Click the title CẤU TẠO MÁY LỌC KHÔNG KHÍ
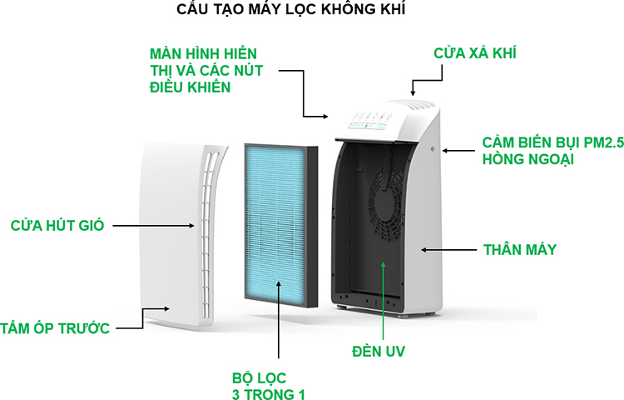pyautogui.click(x=291, y=9)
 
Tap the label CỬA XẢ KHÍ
pyautogui.click(x=475, y=53)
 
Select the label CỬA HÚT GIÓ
pyautogui.click(x=57, y=226)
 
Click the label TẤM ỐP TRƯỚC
pyautogui.click(x=55, y=328)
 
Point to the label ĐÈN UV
pyautogui.click(x=379, y=352)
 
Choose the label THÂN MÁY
pyautogui.click(x=520, y=250)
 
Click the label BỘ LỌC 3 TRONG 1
pyautogui.click(x=269, y=386)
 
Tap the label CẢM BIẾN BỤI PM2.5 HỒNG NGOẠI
pyautogui.click(x=553, y=151)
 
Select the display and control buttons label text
pyautogui.click(x=206, y=70)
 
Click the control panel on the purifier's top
pyautogui.click(x=369, y=121)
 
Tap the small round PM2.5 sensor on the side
pyautogui.click(x=433, y=149)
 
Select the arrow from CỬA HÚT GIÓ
pyautogui.click(x=154, y=226)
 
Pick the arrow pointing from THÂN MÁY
pyautogui.click(x=448, y=250)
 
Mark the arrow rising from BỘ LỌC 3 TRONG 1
pyautogui.click(x=279, y=319)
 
